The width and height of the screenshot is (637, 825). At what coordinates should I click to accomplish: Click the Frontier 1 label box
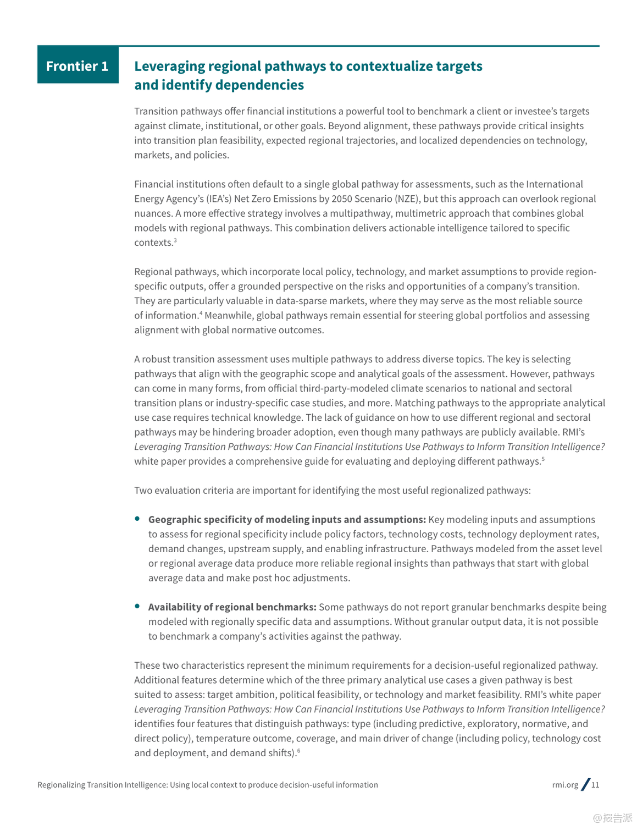(77, 65)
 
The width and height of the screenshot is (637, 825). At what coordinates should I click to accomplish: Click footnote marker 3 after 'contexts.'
(175, 240)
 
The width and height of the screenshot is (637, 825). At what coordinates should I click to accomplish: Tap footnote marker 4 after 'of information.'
(201, 313)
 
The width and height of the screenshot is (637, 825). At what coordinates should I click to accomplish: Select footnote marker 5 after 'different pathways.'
(543, 459)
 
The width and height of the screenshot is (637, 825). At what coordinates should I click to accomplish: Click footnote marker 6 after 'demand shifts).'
(298, 750)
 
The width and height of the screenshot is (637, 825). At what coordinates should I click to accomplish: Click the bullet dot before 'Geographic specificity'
(137, 518)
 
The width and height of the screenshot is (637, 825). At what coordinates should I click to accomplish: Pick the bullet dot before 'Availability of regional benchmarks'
(137, 606)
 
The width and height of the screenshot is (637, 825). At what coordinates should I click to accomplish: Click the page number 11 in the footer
(595, 785)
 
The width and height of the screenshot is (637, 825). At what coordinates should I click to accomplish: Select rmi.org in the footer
(565, 785)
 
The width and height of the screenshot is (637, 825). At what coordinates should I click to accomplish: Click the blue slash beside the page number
(586, 784)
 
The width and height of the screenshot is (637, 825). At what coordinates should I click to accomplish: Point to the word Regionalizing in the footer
(60, 785)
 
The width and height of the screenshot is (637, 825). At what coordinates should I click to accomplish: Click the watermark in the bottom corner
(612, 817)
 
